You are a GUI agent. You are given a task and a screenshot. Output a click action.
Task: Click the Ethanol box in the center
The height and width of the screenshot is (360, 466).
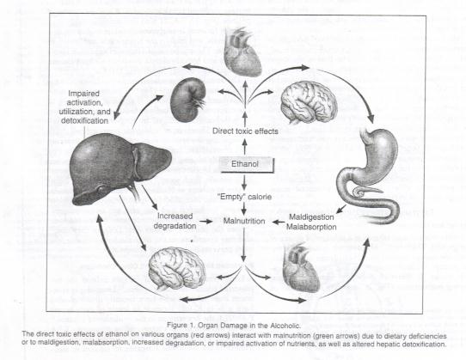246,164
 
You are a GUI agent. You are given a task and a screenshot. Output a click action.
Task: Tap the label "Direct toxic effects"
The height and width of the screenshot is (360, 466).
245,131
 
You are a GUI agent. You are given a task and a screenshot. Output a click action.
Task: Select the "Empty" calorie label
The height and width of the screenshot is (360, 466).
244,197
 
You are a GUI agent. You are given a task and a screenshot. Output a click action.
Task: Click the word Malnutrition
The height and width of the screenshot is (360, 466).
244,221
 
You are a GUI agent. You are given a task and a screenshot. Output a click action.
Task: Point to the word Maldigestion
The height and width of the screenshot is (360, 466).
311,217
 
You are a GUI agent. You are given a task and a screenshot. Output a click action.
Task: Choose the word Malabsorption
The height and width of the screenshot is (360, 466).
311,227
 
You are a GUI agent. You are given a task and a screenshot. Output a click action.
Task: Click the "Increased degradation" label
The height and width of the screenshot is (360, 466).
175,221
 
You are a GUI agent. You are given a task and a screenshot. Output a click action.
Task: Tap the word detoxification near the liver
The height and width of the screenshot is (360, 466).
85,121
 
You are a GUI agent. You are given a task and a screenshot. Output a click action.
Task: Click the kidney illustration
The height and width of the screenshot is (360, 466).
187,101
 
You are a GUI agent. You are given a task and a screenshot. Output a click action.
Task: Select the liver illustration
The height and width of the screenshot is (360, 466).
119,168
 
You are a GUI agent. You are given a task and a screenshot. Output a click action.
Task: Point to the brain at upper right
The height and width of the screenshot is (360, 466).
309,102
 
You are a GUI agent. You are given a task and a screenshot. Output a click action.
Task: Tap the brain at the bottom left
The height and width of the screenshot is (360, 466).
177,268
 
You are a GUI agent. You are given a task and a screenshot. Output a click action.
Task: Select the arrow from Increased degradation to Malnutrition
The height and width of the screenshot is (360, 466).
206,222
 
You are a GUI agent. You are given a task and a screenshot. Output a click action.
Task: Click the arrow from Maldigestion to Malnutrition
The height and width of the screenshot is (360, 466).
279,222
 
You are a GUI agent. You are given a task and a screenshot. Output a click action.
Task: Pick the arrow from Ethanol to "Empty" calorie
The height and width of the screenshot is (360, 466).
244,182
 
